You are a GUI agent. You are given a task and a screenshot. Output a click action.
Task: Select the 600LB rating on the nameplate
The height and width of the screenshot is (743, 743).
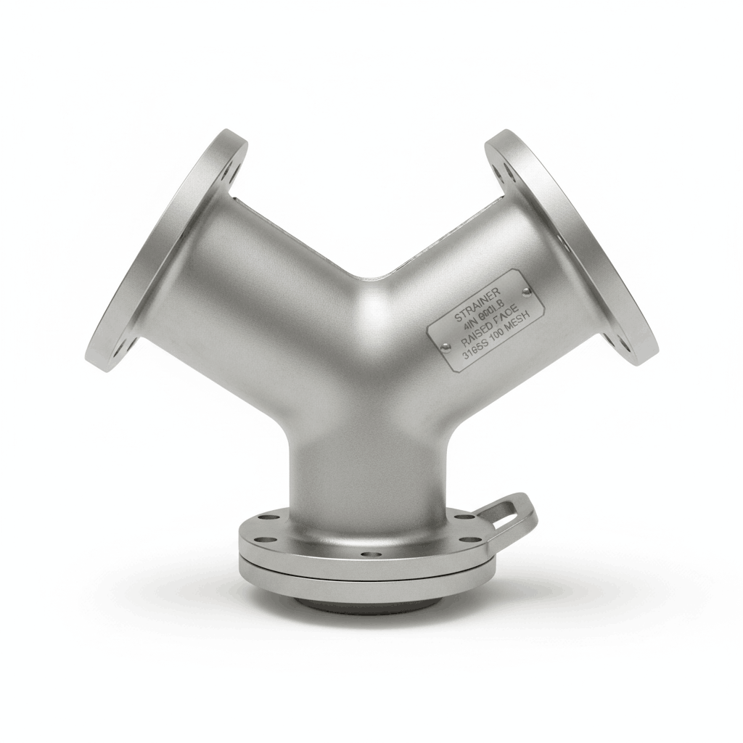click(x=492, y=310)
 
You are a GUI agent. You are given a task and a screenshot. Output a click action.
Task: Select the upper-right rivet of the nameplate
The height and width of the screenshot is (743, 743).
click(x=527, y=292)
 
